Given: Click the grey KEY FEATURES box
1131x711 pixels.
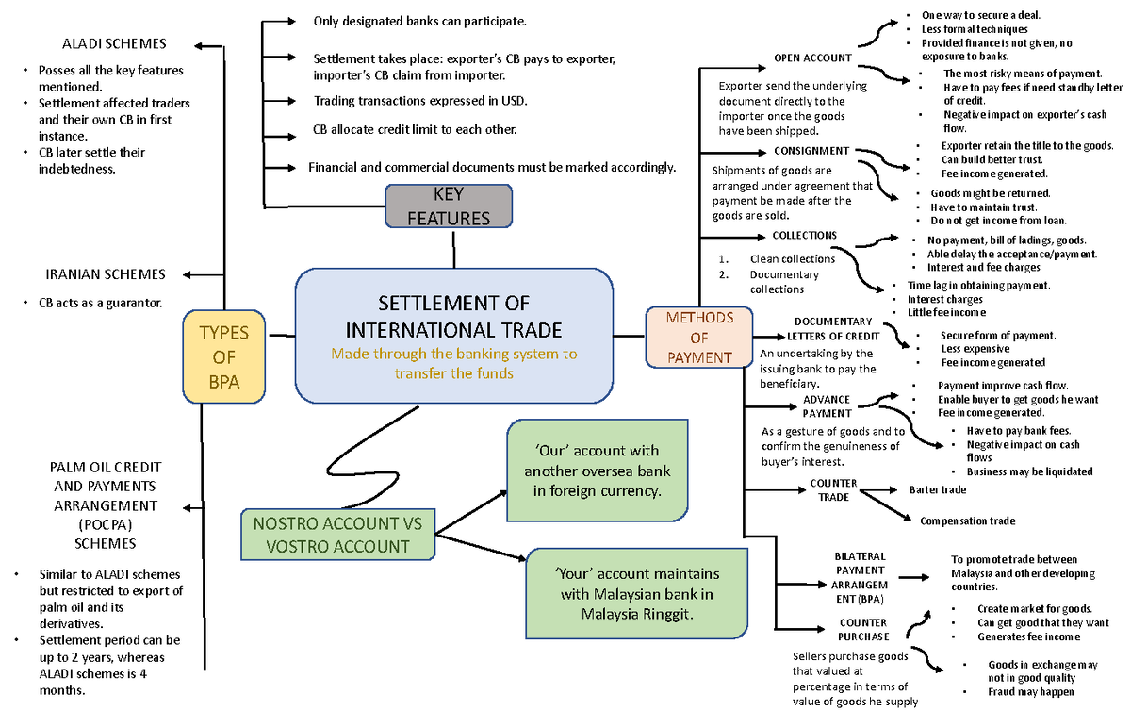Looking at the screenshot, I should pos(449,206).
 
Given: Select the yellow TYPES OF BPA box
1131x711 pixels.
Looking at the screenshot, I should pos(224,357).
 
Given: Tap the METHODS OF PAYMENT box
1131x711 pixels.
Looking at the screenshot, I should pos(698,338).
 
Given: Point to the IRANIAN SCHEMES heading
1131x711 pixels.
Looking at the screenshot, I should pos(106,274).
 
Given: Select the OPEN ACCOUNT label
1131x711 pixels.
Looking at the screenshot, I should pos(811,58).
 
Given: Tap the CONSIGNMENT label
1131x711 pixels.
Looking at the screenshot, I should pos(811,151).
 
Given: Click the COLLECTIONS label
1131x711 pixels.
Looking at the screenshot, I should pos(804,235).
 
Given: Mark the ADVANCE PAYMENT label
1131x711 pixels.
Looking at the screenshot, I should pos(827,405).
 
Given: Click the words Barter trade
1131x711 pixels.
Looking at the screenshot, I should pos(937,489).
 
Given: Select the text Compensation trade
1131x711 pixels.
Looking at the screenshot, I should pos(967,521).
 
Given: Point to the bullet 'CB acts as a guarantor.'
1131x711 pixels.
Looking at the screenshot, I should pos(100,304).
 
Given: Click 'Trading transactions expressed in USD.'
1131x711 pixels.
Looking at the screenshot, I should pos(420,101).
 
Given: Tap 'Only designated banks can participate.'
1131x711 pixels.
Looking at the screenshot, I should pos(419,21).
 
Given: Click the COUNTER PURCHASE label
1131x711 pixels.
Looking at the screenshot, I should pos(863,630).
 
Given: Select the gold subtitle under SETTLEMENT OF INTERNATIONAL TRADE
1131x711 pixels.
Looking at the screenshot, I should pos(453,363).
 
